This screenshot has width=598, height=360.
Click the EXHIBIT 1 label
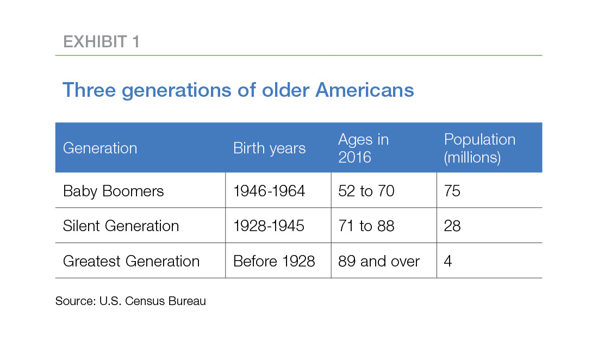pyautogui.click(x=102, y=41)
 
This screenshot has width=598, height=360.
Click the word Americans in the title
pyautogui.click(x=365, y=90)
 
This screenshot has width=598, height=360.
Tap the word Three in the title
pyautogui.click(x=89, y=90)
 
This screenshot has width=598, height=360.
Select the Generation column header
pyautogui.click(x=100, y=148)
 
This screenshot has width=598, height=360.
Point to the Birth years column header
pyautogui.click(x=269, y=148)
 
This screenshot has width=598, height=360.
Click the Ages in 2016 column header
pyautogui.click(x=364, y=148)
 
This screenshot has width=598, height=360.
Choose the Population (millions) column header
pyautogui.click(x=479, y=148)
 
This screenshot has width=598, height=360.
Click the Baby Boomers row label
pyautogui.click(x=113, y=191)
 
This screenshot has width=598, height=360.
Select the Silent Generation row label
pyautogui.click(x=121, y=226)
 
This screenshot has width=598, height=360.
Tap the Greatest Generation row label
pyautogui.click(x=131, y=261)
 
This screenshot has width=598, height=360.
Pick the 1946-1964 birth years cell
pyautogui.click(x=269, y=191)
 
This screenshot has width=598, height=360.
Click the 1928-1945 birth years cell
pyautogui.click(x=269, y=226)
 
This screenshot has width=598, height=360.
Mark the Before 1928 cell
pyautogui.click(x=274, y=261)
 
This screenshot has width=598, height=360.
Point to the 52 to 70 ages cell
pyautogui.click(x=366, y=191)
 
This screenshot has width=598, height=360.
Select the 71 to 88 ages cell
pyautogui.click(x=366, y=226)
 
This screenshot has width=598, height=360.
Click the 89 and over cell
pyautogui.click(x=379, y=261)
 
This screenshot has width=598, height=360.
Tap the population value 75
pyautogui.click(x=452, y=191)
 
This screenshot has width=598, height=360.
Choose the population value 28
pyautogui.click(x=452, y=226)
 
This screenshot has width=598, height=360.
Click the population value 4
pyautogui.click(x=448, y=261)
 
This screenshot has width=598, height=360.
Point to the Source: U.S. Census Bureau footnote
pyautogui.click(x=131, y=301)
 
